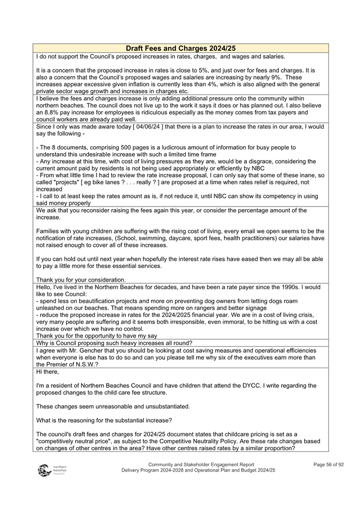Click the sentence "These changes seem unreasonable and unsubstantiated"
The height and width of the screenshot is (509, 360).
113,406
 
